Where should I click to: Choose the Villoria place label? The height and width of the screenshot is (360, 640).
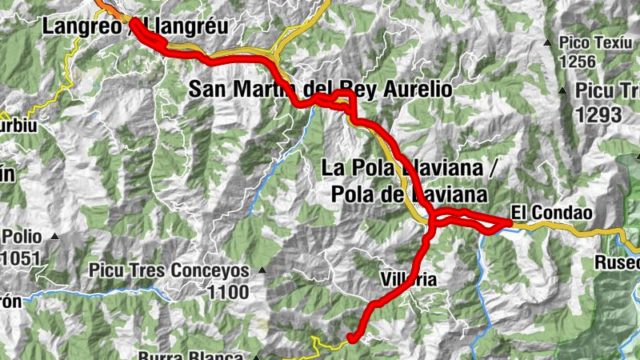(x=409, y=280)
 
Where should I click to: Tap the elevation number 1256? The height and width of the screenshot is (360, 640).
(x=579, y=61)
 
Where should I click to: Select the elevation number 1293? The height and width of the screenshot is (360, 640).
(x=598, y=114)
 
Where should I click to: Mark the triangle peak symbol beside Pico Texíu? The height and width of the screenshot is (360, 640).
(x=548, y=42)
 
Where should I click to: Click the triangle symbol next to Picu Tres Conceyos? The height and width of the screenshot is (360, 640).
(x=260, y=270)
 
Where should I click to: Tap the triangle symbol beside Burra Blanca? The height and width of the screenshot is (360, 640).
(x=257, y=357)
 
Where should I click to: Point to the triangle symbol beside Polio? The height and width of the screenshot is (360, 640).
(x=55, y=237)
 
